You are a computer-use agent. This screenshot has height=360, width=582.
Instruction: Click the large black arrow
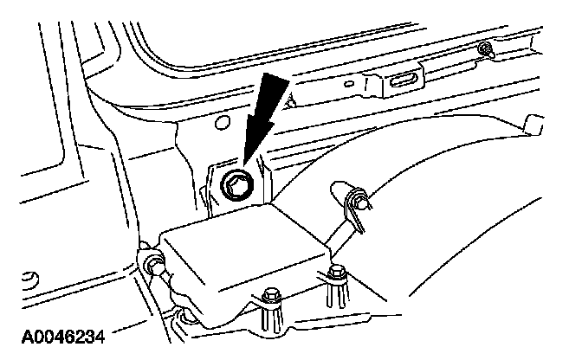pos(269,112)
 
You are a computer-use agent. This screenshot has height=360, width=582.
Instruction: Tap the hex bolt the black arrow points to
pos(236,183)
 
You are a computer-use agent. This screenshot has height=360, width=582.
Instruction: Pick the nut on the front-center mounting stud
pos(271,294)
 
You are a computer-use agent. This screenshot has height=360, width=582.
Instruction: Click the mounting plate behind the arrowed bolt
pos(215,186)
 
